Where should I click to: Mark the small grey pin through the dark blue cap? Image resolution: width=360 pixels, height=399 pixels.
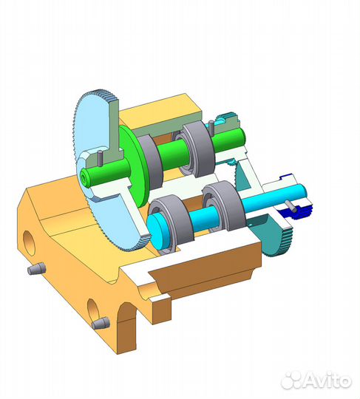point(297,211)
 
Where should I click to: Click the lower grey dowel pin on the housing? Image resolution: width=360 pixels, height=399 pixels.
point(101,323)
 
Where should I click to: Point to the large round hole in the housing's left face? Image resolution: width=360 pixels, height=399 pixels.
point(28,241)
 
